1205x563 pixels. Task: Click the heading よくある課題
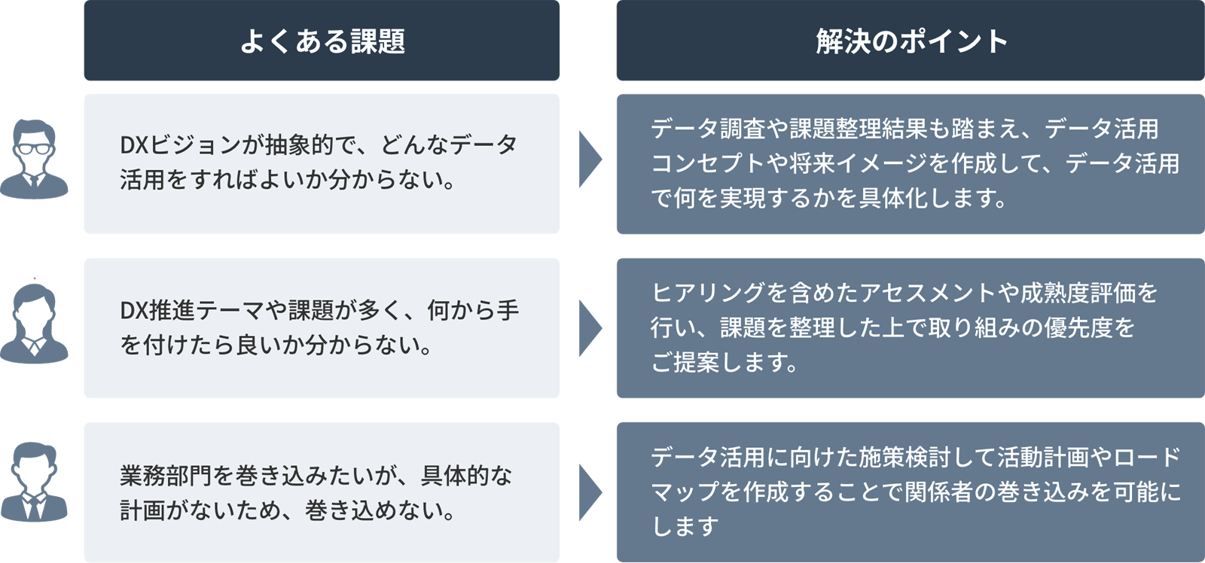coord(322,41)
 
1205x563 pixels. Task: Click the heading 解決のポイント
coord(911,41)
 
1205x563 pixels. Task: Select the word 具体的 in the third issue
coord(455,476)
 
